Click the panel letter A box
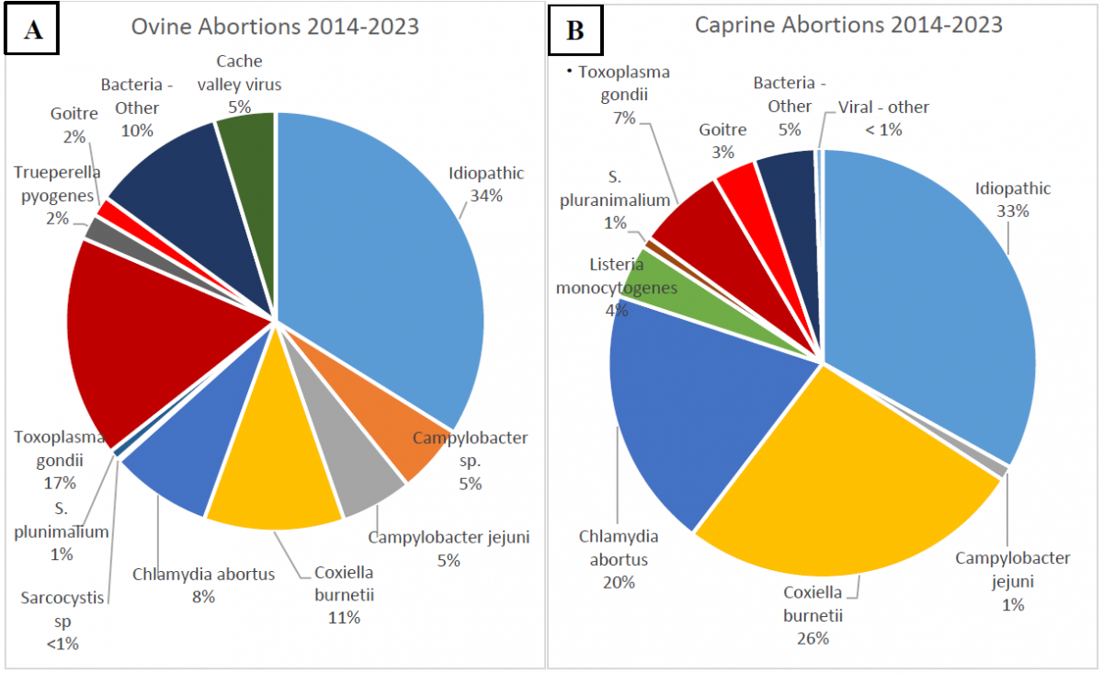click(33, 29)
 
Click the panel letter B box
click(574, 30)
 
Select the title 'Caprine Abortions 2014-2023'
click(847, 25)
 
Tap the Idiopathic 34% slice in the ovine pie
click(386, 257)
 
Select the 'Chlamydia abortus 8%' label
click(203, 586)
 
